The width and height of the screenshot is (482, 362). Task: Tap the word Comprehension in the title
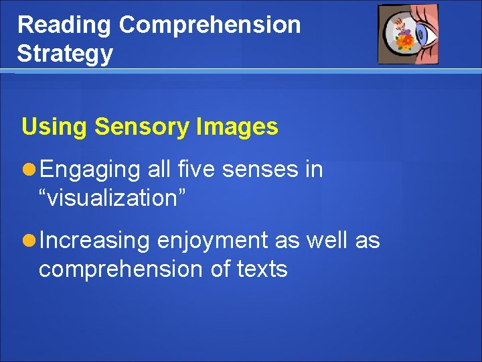click(210, 25)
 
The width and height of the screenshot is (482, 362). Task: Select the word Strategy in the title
click(65, 54)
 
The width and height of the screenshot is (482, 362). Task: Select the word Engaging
click(90, 170)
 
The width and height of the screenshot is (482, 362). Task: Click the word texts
click(262, 269)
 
